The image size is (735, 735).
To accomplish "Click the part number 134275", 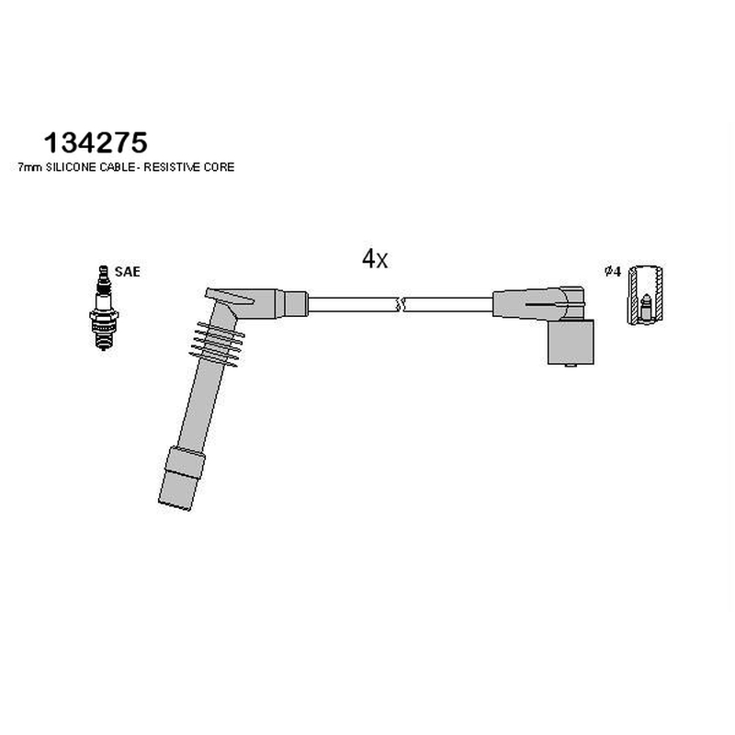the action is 96,142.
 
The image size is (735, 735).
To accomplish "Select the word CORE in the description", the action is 220,167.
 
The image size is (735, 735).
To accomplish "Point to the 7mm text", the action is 30,167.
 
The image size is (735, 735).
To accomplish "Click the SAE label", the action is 128,272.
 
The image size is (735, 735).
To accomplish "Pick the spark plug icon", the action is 104,308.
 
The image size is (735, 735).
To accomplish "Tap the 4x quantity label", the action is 375,259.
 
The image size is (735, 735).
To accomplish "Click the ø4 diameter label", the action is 613,271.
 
